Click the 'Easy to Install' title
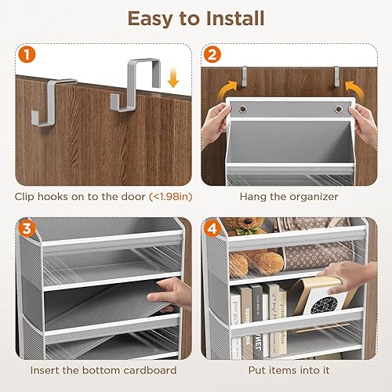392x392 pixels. (x=196, y=18)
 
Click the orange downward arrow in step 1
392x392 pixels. (x=172, y=78)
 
